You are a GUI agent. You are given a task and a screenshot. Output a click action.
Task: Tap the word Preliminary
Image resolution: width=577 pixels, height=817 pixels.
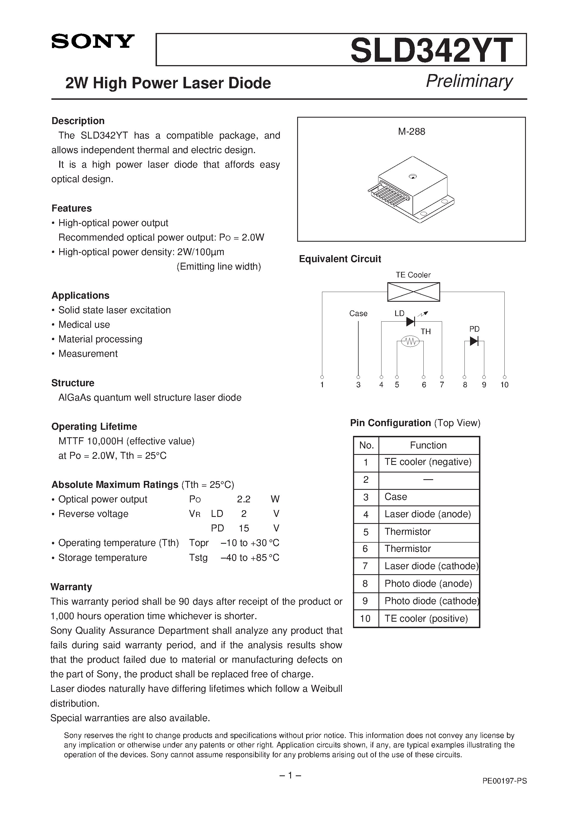[x=469, y=82]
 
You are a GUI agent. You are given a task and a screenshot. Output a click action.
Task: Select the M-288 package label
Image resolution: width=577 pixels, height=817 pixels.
[x=412, y=132]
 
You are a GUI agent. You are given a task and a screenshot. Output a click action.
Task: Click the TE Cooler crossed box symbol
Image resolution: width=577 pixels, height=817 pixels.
[x=413, y=292]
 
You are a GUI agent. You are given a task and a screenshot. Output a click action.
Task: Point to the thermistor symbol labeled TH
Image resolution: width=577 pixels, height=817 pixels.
[x=410, y=342]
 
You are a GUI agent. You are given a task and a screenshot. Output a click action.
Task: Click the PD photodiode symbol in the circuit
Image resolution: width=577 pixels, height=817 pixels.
[x=474, y=341]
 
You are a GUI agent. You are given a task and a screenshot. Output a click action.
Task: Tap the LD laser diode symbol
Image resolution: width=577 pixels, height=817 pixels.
[x=411, y=322]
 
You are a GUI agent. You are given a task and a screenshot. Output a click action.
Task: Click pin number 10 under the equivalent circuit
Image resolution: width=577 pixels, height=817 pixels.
[x=504, y=385]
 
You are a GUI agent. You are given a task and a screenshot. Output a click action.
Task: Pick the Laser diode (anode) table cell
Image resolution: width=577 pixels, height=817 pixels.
[x=428, y=514]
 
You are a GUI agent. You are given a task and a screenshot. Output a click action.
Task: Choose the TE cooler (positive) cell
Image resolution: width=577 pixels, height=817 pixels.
[x=426, y=618]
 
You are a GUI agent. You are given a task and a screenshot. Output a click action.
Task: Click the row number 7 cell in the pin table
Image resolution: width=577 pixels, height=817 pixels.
[x=366, y=566]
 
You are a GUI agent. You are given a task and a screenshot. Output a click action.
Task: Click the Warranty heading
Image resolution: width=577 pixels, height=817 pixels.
[x=71, y=587]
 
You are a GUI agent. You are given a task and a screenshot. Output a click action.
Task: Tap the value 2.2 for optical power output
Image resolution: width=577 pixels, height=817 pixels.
[x=244, y=499]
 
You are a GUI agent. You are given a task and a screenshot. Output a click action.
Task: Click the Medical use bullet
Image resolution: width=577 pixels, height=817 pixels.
[x=84, y=324]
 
